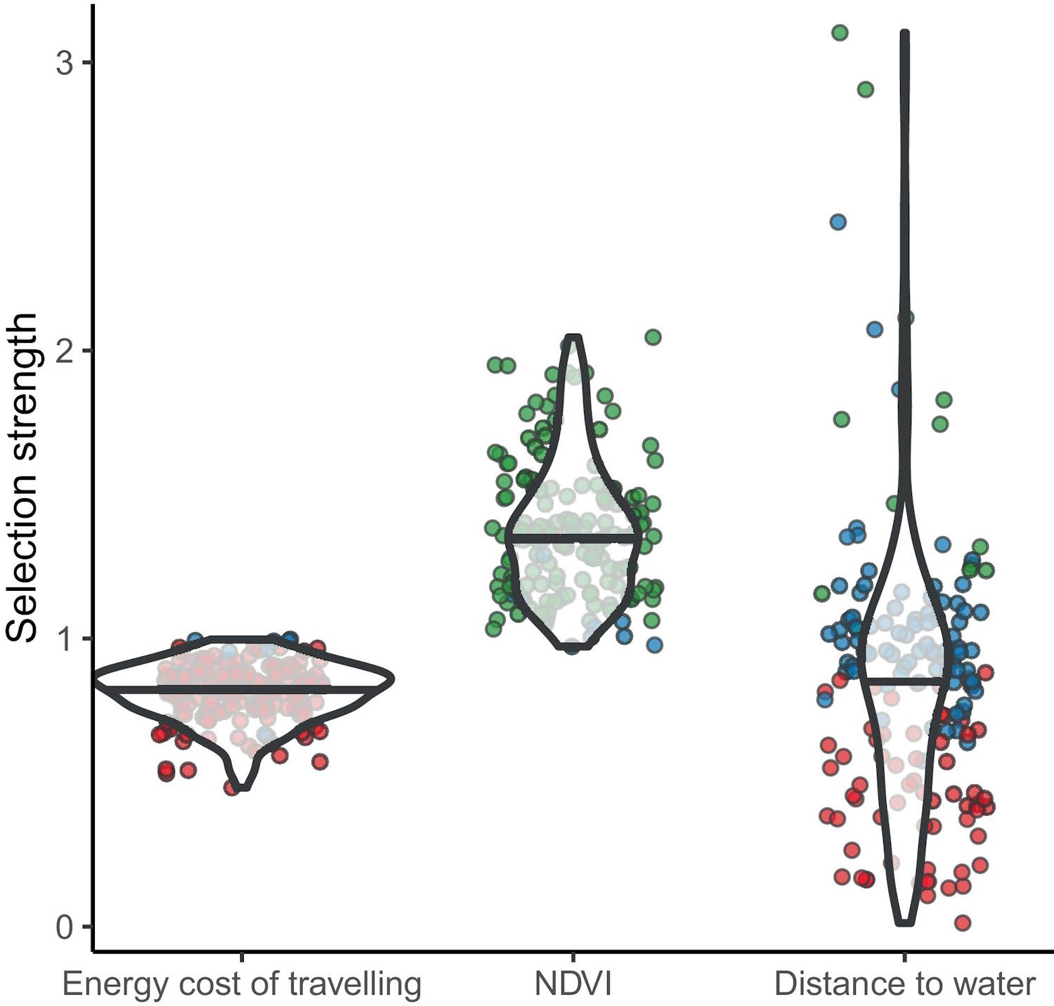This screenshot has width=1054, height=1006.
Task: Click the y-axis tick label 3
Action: point(64,63)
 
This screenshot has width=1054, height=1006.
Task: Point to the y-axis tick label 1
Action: point(64,639)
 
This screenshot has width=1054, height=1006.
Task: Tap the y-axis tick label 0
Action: point(64,927)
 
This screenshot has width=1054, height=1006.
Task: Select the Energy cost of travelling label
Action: point(242,984)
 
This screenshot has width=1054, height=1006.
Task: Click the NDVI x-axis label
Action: point(573,984)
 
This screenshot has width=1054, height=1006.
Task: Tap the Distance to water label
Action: point(904,984)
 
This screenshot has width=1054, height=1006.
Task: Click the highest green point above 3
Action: point(840,32)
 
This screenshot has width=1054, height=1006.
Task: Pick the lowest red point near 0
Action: point(963,922)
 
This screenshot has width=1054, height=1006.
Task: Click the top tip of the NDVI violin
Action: point(574,338)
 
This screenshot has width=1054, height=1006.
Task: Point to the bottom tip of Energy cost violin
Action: point(242,788)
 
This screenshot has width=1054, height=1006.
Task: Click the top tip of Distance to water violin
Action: point(906,33)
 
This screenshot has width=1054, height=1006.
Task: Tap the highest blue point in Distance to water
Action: point(838,222)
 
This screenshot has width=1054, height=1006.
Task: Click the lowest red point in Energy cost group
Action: point(231,788)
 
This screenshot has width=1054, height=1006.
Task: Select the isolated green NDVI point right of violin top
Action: point(653,337)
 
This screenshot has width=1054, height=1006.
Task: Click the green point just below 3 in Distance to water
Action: point(865,89)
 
